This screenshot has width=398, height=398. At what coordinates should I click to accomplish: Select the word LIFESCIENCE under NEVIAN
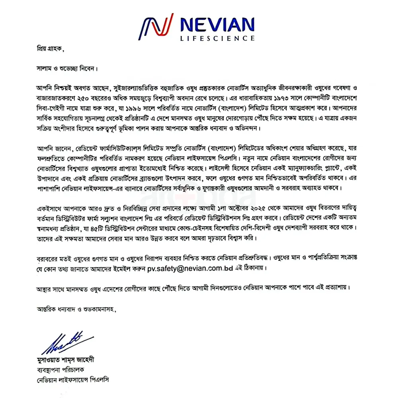(217, 39)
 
